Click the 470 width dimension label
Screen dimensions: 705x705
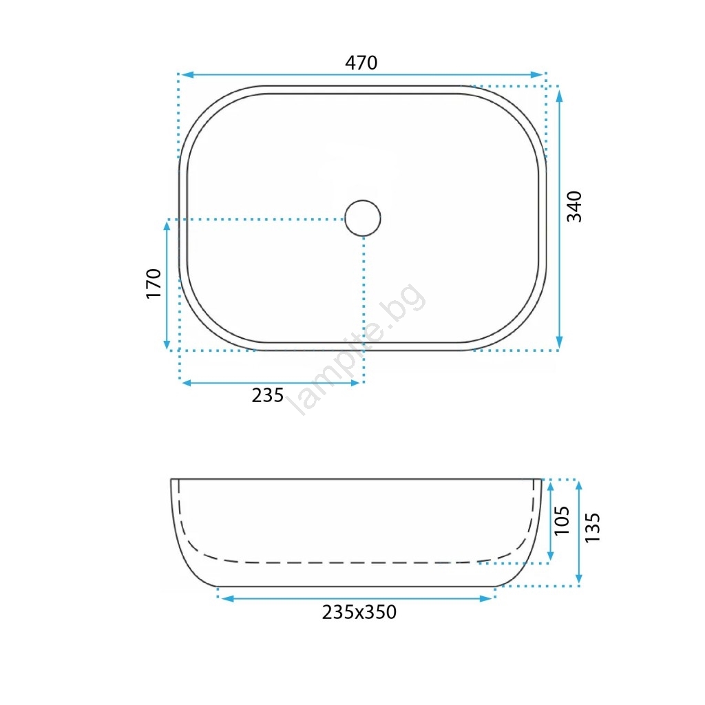click(361, 63)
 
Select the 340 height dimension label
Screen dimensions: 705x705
click(574, 207)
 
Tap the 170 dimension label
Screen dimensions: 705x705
click(154, 283)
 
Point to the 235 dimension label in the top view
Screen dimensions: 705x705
click(268, 395)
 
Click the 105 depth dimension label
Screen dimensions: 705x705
click(562, 520)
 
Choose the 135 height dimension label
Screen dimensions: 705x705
click(593, 527)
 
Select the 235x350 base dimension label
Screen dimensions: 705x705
click(359, 612)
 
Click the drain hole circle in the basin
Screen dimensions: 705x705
click(363, 218)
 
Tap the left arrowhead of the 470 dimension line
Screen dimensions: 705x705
click(187, 74)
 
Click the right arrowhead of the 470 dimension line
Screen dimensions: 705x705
click(537, 74)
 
